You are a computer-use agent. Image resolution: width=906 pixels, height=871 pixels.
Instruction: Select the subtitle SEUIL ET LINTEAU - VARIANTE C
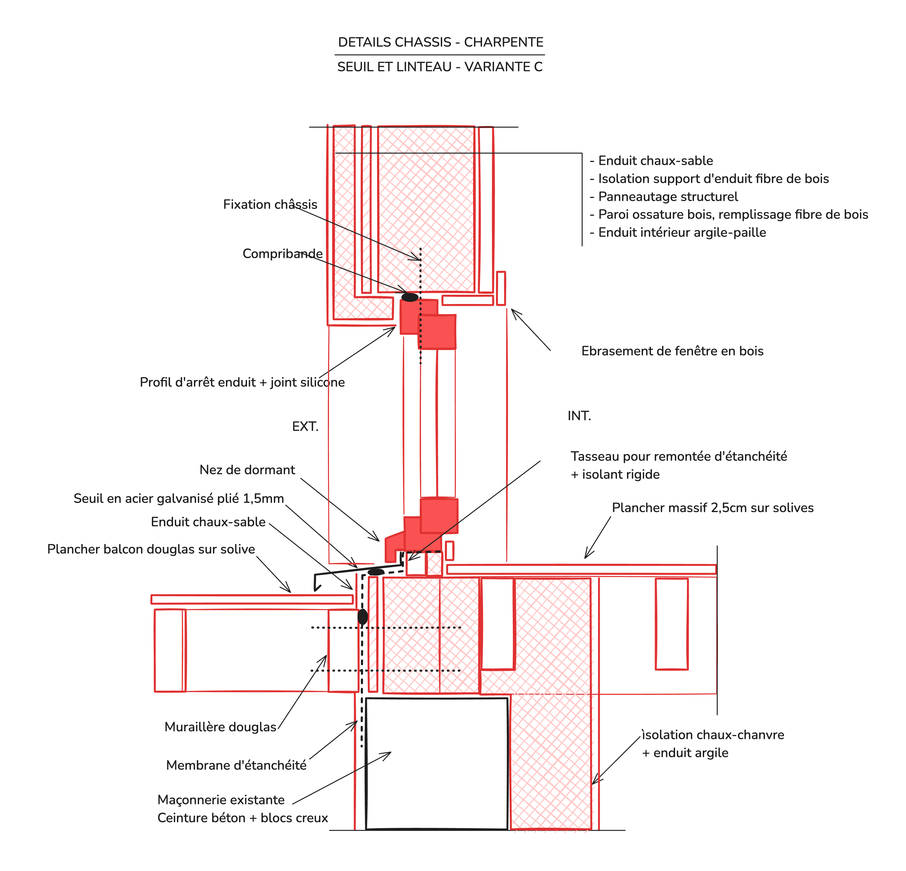coord(440,67)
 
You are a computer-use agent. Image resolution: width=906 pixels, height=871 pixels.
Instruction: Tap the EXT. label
coord(305,426)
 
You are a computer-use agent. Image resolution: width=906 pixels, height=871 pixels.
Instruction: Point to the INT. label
coord(579,416)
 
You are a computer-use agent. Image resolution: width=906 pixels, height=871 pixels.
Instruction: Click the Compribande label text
coord(282,254)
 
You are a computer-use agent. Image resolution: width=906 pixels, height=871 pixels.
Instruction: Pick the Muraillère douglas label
coord(221,727)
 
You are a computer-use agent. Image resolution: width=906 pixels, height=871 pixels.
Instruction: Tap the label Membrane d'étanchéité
coord(236,765)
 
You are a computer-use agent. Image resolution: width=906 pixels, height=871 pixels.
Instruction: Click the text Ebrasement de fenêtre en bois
coord(672,351)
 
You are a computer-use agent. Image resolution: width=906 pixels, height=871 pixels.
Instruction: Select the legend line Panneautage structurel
coord(664,197)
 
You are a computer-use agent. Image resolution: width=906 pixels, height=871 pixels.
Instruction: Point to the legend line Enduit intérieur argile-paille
coord(678,232)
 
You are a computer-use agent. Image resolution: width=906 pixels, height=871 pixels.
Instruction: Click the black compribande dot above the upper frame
coord(410,297)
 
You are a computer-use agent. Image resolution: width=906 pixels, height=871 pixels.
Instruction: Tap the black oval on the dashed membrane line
coord(363,617)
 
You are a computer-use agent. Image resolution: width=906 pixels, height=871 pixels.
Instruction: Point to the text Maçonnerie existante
coord(221,800)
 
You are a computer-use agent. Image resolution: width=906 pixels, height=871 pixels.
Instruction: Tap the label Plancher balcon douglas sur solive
coord(151,549)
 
